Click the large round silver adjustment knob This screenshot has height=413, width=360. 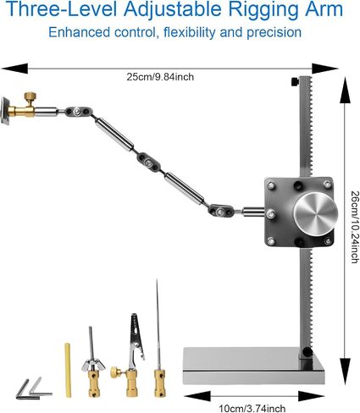315,214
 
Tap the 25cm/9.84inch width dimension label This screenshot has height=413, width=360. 160,77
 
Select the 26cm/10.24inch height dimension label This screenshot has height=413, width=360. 355,227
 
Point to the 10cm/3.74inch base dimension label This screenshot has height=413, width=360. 252,408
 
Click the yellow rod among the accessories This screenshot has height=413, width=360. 68,370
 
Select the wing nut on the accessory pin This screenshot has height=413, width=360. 93,366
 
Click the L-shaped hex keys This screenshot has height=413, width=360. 33,391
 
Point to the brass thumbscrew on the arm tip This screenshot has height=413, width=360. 30,98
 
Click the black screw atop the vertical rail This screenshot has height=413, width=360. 295,82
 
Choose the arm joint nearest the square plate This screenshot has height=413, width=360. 221,211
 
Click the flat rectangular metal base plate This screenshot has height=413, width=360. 253,366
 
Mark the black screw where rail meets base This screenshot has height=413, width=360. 307,352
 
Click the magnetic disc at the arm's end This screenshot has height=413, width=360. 5,110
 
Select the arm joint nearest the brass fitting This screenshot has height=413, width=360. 78,112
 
